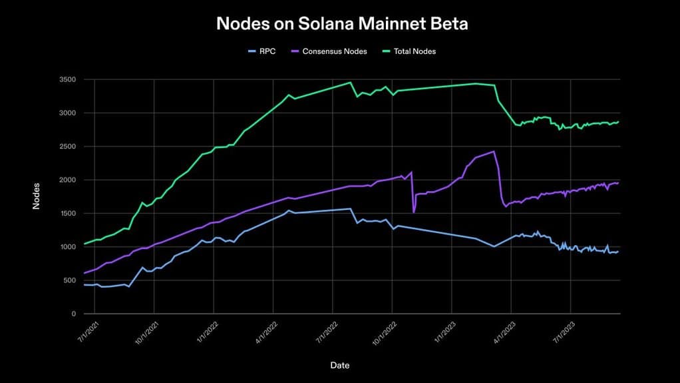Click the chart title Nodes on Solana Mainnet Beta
point(342,24)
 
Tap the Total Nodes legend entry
point(409,51)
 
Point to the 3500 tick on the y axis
point(67,80)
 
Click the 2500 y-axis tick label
point(67,147)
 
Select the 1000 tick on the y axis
point(67,247)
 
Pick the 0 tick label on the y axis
point(73,314)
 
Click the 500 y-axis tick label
point(69,280)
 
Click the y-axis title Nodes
point(37,196)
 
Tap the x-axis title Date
point(339,365)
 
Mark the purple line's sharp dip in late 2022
point(414,212)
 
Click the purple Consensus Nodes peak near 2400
point(494,152)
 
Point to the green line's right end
point(619,122)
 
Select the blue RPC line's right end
point(619,251)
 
